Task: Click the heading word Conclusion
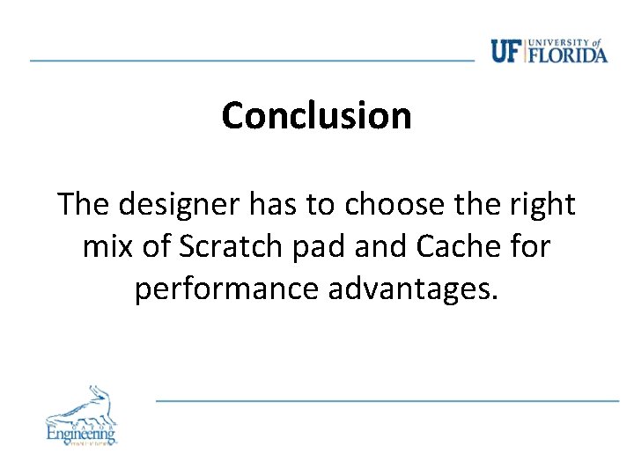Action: click(x=316, y=115)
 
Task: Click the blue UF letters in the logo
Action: click(x=506, y=52)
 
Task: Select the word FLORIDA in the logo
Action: click(x=569, y=55)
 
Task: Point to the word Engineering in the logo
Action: click(x=80, y=433)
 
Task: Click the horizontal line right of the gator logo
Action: click(x=387, y=400)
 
